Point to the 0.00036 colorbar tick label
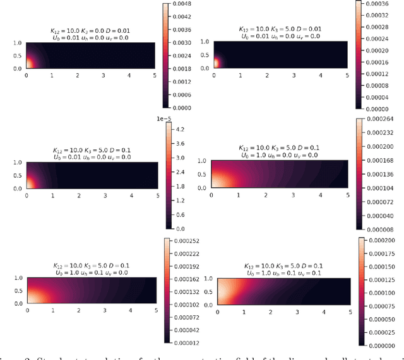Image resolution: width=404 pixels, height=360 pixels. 383,3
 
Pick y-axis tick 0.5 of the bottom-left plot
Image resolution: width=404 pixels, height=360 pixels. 15,291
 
